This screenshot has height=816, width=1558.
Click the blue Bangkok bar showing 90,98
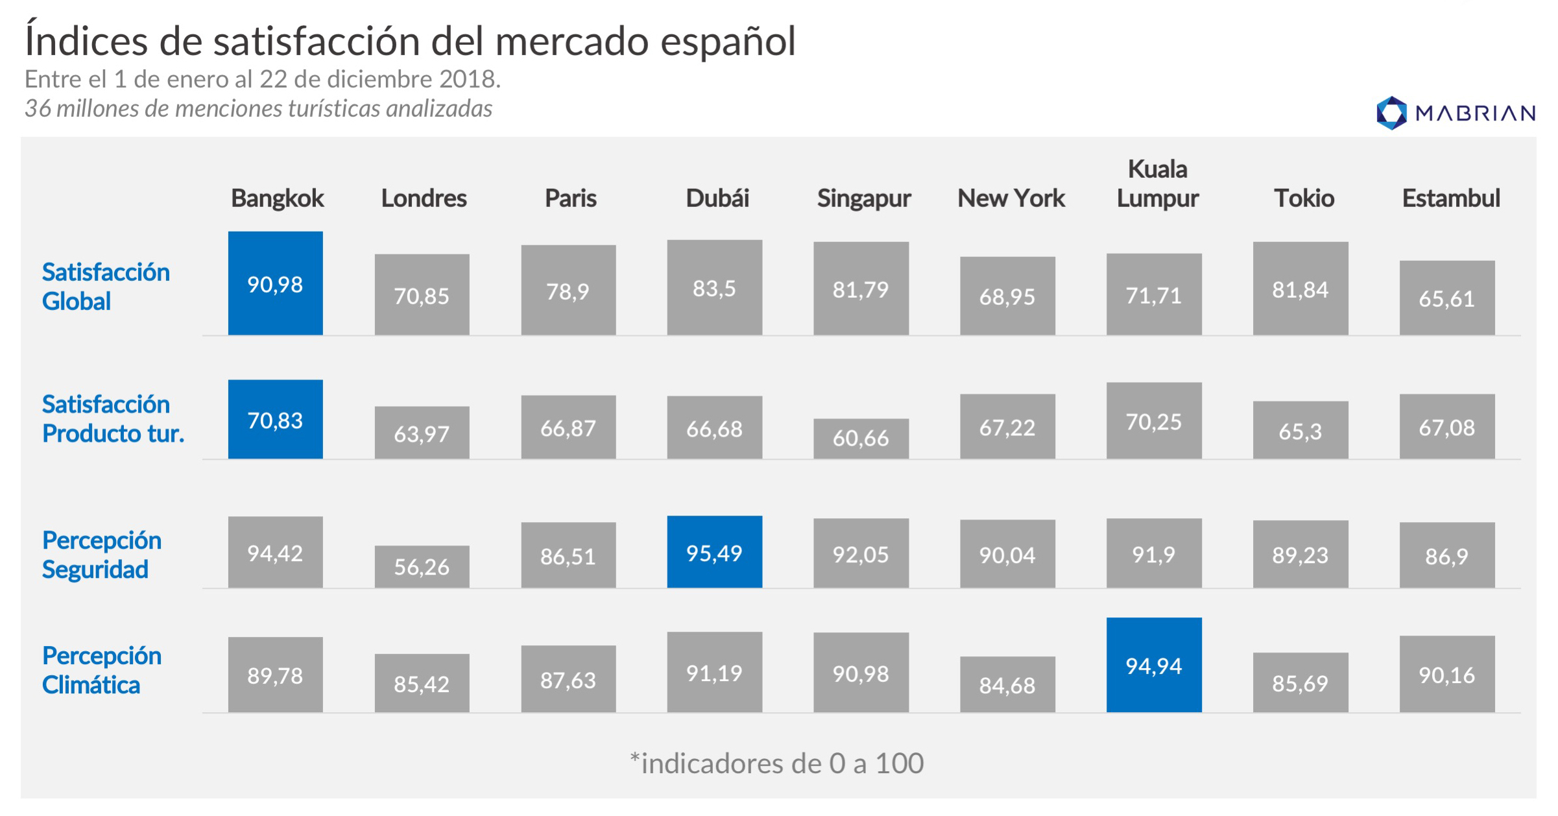coord(275,283)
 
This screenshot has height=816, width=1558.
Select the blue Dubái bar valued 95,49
coord(714,552)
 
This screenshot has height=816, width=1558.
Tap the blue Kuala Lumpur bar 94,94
coord(1153,665)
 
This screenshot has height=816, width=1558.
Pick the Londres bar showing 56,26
coord(422,566)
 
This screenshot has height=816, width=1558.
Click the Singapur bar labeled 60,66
coord(861,438)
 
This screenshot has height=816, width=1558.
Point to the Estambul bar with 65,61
coord(1446,298)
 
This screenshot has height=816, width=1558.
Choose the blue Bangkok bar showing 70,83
coord(275,420)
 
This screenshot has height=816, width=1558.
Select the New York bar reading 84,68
coord(1007,684)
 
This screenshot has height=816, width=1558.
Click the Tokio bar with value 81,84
coord(1300,289)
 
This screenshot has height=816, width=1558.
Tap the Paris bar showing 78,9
coord(568,291)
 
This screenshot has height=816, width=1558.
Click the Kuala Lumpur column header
coord(1157,184)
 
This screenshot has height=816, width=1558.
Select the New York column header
coord(1011,198)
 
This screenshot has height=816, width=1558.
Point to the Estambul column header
coord(1450,198)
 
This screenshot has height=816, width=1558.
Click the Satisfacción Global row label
coord(105,286)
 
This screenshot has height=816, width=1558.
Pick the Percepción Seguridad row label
coord(101,555)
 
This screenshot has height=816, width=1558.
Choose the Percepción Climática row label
coord(101,670)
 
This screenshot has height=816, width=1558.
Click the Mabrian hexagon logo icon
coord(1391,113)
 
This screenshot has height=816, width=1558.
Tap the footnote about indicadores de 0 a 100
coord(776,763)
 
